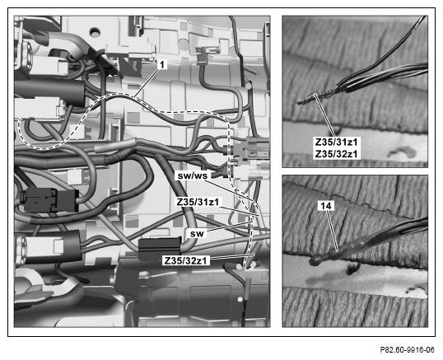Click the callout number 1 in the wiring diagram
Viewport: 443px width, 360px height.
[161, 65]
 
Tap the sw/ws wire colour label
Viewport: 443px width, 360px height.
[193, 175]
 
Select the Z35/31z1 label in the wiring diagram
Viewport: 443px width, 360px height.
[198, 202]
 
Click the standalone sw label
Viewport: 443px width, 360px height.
[197, 234]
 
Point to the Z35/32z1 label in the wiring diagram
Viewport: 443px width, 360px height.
[185, 260]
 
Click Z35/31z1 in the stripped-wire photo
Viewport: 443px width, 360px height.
[336, 142]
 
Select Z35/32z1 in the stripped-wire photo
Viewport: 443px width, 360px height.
[336, 154]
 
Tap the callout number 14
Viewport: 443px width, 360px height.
[326, 206]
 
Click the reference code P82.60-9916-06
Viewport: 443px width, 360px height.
[407, 349]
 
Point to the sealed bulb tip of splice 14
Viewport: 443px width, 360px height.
[315, 261]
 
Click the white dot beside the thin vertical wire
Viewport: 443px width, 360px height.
[240, 299]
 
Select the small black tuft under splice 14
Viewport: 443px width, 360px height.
[352, 269]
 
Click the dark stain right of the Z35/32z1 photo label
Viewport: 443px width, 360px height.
[403, 152]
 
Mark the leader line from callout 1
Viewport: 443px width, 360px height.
[147, 82]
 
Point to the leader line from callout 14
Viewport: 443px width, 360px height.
[333, 231]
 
